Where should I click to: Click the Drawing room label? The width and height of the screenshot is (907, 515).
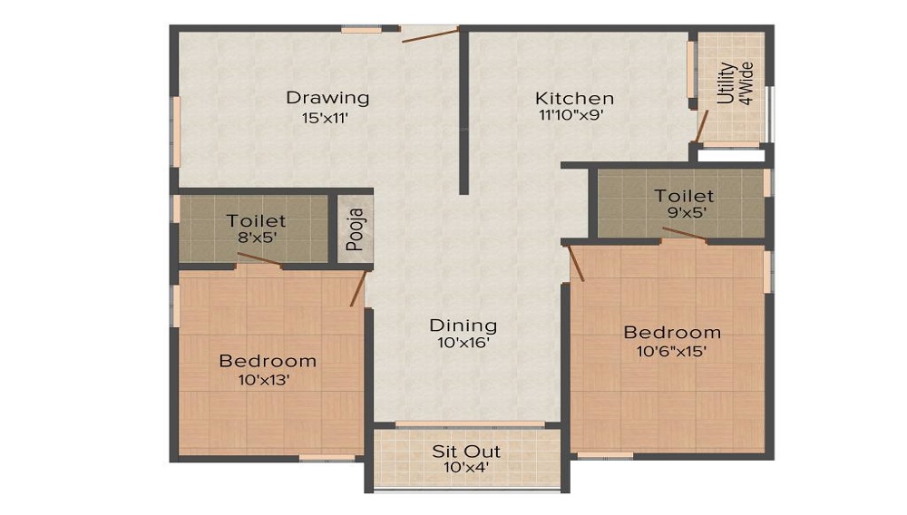[327, 98]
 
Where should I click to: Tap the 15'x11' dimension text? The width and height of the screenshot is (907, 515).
[325, 119]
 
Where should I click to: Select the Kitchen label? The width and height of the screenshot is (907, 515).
[574, 98]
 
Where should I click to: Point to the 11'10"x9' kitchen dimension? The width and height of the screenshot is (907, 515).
[571, 115]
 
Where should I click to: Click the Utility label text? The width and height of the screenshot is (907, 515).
[727, 83]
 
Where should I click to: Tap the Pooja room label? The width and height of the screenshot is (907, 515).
[356, 229]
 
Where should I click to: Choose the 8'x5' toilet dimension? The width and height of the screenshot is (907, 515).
[257, 237]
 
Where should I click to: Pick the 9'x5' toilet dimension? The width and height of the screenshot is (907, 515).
[688, 212]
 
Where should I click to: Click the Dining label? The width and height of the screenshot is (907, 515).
[463, 326]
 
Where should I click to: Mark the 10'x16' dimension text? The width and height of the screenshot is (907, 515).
[463, 344]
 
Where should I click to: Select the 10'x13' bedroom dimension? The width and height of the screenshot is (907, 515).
[264, 380]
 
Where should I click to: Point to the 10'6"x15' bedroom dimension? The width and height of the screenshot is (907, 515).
[671, 351]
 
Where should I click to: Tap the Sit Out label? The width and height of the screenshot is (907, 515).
[466, 451]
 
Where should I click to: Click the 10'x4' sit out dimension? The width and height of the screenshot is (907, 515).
[466, 467]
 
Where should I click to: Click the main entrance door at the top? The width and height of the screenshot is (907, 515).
[431, 34]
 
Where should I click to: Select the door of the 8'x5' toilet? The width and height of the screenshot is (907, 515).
[259, 259]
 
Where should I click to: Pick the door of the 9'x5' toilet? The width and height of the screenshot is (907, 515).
[684, 233]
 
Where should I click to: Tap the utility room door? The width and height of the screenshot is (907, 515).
[702, 126]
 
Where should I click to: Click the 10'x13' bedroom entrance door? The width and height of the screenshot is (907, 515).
[358, 288]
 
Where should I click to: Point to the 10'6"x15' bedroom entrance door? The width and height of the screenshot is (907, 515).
[576, 263]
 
